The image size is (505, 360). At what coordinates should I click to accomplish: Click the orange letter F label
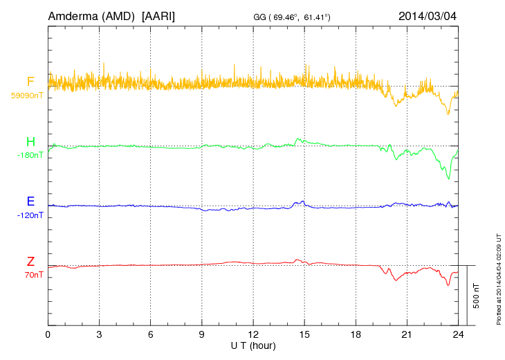point(30,82)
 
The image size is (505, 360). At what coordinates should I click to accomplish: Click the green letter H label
point(30,143)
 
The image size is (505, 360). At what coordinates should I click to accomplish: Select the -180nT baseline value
point(30,156)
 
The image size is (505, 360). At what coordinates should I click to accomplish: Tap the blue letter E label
point(30,202)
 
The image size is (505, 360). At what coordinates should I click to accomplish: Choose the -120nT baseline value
point(30,215)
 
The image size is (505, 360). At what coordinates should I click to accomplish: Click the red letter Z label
point(30,262)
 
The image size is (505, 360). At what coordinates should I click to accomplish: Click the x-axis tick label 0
point(48,334)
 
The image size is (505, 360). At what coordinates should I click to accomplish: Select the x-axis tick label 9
point(202,334)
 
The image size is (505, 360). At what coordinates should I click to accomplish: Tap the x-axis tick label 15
point(304,334)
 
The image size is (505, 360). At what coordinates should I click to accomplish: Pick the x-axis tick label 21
point(407,334)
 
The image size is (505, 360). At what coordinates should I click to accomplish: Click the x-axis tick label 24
point(458,334)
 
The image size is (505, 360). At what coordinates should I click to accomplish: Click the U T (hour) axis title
point(253,345)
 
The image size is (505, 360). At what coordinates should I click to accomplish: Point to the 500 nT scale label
point(477,296)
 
